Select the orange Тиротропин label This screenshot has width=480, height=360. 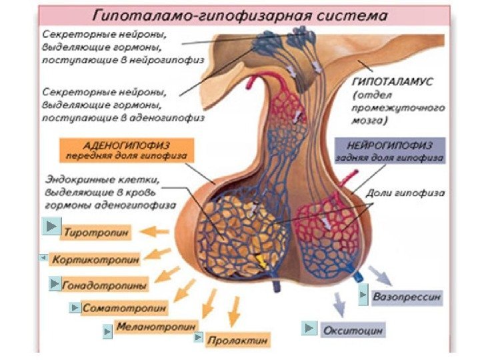coord(97,232)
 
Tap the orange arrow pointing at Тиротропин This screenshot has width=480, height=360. coord(157,232)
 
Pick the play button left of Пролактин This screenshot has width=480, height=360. coord(198,338)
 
